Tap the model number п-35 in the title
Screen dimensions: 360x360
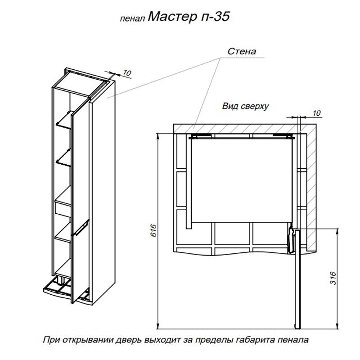[x=215, y=17]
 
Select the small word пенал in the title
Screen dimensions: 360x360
[x=132, y=19]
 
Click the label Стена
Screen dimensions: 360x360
[x=242, y=51]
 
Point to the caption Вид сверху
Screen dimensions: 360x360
[x=245, y=106]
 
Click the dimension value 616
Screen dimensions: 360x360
[x=153, y=230]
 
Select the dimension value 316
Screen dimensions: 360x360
[x=333, y=278]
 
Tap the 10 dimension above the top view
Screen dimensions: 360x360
[x=316, y=113]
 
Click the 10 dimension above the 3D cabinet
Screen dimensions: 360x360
[x=126, y=73]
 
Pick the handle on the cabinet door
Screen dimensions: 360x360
[x=81, y=228]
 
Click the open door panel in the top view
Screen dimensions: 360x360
[x=297, y=279]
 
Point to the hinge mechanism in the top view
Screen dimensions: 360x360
[x=291, y=239]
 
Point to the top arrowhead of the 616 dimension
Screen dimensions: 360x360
[x=157, y=136]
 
